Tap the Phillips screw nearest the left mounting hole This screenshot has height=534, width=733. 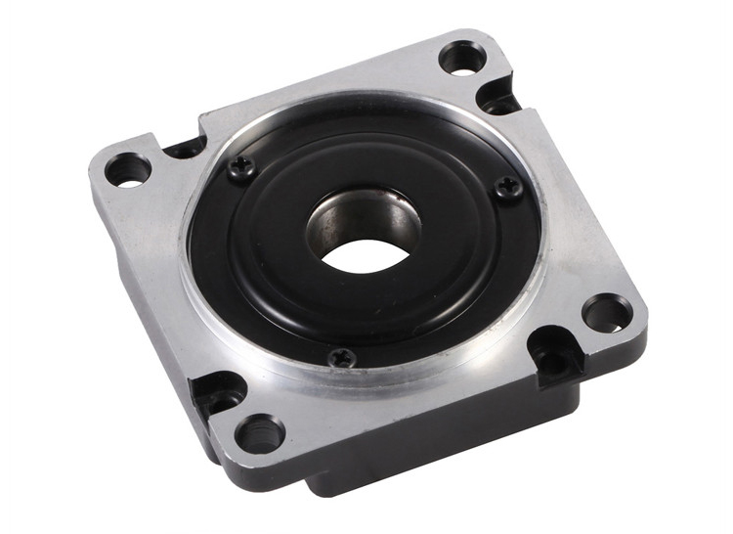point(241,170)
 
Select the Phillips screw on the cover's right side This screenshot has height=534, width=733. point(506,186)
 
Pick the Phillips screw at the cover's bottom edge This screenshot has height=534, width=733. point(342,358)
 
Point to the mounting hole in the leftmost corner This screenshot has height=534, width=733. point(128,170)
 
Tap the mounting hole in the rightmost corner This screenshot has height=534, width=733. point(606,314)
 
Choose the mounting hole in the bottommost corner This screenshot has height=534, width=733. point(260,432)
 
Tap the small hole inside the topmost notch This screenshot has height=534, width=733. point(501,103)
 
